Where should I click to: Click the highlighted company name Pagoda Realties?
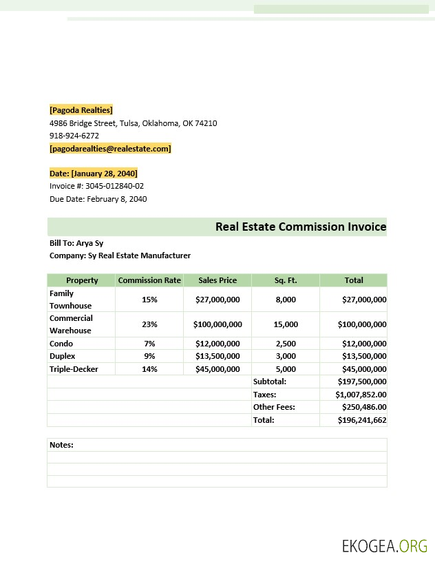pyautogui.click(x=81, y=110)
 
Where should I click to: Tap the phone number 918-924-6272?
pyautogui.click(x=74, y=136)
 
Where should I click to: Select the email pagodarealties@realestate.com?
pyautogui.click(x=110, y=149)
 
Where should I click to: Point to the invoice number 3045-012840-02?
pyautogui.click(x=114, y=186)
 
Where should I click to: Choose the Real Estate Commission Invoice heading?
pyautogui.click(x=300, y=227)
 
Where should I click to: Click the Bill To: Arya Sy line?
pyautogui.click(x=76, y=243)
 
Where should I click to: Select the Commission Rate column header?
pyautogui.click(x=149, y=280)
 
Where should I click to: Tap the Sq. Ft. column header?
pyautogui.click(x=285, y=280)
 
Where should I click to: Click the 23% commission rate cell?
pyautogui.click(x=149, y=324)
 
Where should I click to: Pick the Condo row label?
pyautogui.click(x=61, y=344)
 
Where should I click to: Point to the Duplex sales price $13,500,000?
pyautogui.click(x=217, y=356)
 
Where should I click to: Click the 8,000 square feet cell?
pyautogui.click(x=285, y=300)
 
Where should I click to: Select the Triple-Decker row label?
pyautogui.click(x=74, y=369)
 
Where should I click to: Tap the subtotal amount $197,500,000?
pyautogui.click(x=361, y=382)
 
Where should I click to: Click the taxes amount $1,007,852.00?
pyautogui.click(x=361, y=395)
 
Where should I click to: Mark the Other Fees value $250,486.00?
pyautogui.click(x=363, y=407)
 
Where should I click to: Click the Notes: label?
pyautogui.click(x=61, y=445)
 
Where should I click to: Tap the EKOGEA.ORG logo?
pyautogui.click(x=384, y=546)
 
